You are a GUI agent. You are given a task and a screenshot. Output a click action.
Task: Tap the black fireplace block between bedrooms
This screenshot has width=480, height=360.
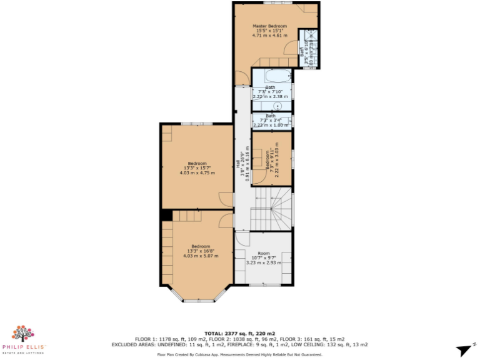click(x=166, y=215)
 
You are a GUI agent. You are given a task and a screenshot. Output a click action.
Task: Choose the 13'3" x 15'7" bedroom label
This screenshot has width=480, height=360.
click(x=197, y=167)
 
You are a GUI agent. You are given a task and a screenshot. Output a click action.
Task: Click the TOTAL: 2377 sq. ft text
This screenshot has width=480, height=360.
click(x=239, y=333)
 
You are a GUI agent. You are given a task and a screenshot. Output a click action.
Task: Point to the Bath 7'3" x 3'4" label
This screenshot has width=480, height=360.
click(x=271, y=120)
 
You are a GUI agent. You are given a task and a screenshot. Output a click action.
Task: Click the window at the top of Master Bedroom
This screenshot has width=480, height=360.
click(x=269, y=3)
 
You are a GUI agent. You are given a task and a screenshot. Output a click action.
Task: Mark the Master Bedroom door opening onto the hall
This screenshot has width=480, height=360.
click(x=240, y=77)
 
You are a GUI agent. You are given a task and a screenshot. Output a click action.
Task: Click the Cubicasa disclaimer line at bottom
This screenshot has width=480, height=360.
click(x=239, y=353)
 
